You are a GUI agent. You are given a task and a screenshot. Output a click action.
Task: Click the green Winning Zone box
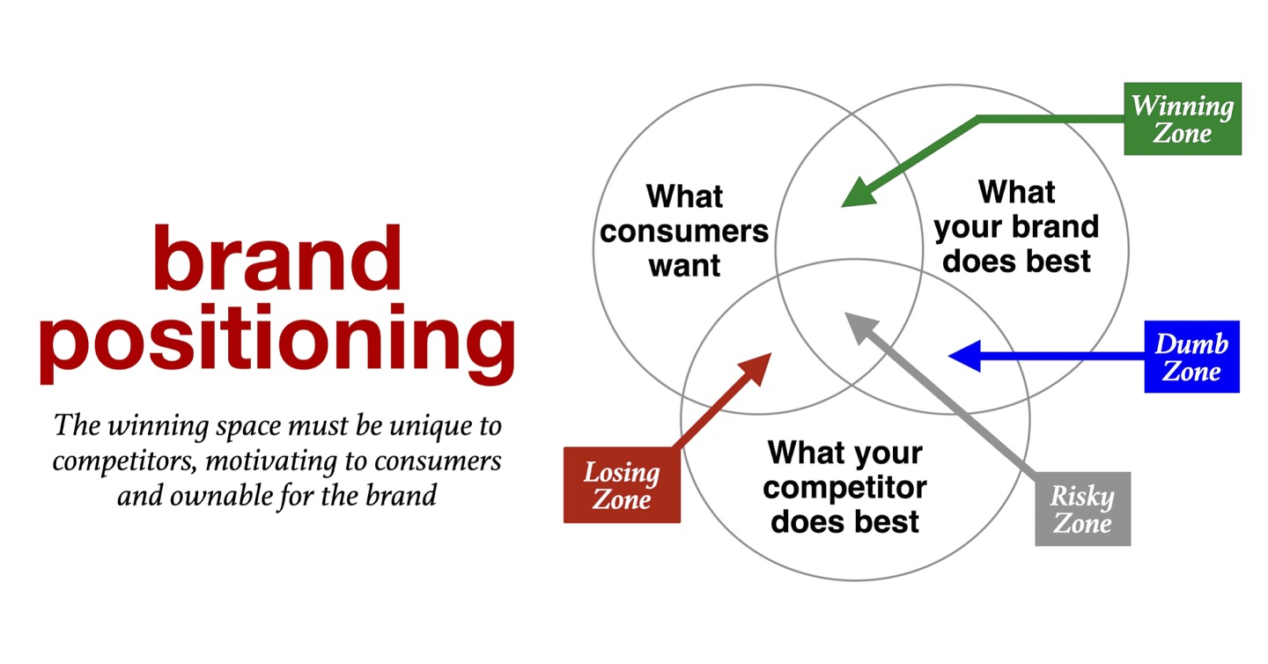(x=1182, y=119)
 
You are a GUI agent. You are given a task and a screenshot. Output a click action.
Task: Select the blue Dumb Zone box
(x=1191, y=357)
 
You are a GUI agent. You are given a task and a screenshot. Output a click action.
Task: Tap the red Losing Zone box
(x=622, y=485)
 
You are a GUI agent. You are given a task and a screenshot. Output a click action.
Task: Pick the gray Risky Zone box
(x=1082, y=509)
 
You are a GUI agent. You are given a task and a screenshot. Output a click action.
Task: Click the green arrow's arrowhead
(x=855, y=196)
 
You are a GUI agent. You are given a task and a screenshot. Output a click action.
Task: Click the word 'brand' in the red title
(x=276, y=258)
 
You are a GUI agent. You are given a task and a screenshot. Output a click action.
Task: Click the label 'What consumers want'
(x=684, y=230)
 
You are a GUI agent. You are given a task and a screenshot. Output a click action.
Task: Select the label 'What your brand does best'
(x=1016, y=226)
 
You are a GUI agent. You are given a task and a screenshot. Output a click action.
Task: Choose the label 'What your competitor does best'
(x=844, y=487)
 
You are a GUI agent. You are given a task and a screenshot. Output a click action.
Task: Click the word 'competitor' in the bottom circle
(x=844, y=487)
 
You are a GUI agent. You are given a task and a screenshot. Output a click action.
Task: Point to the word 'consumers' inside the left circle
(x=684, y=231)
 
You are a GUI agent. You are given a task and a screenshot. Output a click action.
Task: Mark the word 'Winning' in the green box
(x=1182, y=106)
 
